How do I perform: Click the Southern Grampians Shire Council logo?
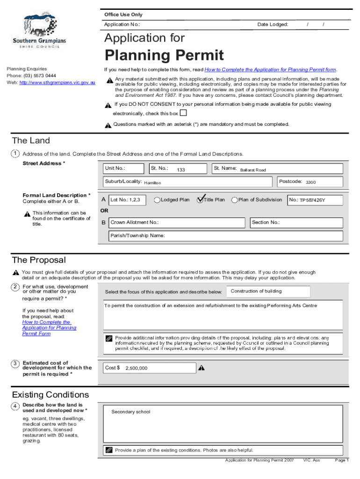39,31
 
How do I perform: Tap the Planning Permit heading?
164,56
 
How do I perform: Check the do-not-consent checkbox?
183,113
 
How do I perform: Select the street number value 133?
180,170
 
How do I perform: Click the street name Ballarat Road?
253,170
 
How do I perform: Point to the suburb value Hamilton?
152,183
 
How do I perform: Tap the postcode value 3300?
310,182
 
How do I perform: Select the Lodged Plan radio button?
157,200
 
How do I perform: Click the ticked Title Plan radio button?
200,200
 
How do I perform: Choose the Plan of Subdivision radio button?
235,200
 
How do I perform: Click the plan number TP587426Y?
312,200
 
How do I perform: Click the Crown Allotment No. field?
178,223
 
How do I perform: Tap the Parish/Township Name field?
227,236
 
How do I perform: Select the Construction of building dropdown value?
256,291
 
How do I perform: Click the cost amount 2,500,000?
136,368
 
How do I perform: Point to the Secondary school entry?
131,412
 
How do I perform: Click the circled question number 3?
15,363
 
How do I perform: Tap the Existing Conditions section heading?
50,395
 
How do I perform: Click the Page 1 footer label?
342,460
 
